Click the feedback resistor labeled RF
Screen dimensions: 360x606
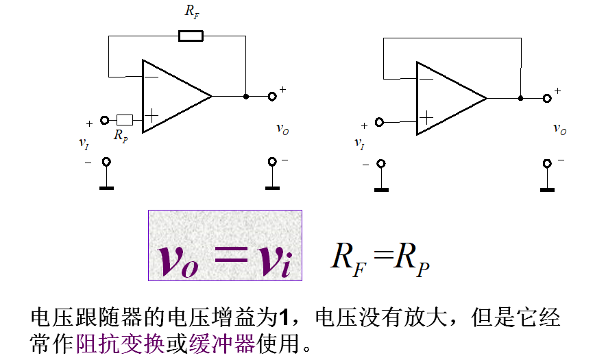pyautogui.click(x=191, y=36)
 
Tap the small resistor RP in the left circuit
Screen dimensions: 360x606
pyautogui.click(x=125, y=119)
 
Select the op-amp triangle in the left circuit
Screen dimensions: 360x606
pyautogui.click(x=171, y=96)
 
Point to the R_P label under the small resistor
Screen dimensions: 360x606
pyautogui.click(x=121, y=136)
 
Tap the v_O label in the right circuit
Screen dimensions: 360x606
pyautogui.click(x=560, y=128)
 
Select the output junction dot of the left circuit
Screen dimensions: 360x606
pyautogui.click(x=246, y=97)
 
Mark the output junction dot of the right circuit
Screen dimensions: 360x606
pyautogui.click(x=521, y=98)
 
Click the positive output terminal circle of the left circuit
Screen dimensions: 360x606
pyautogui.click(x=272, y=97)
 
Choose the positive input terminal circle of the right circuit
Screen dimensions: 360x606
pyautogui.click(x=379, y=123)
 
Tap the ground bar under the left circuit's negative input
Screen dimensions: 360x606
pyautogui.click(x=106, y=187)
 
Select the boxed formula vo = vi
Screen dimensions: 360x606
pyautogui.click(x=225, y=245)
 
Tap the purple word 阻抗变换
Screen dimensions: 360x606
pyautogui.click(x=121, y=341)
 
